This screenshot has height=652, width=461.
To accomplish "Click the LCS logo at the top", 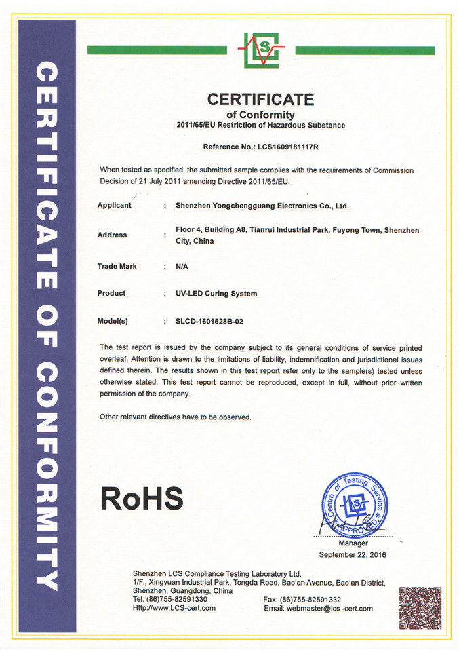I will [261, 50].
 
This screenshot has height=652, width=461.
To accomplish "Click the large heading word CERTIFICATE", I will [261, 100].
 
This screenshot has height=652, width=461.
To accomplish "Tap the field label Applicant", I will [114, 205].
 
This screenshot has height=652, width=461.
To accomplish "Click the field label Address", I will [112, 235].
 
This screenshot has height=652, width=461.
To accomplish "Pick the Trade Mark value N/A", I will [182, 267].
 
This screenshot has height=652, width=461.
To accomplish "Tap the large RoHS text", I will [142, 499].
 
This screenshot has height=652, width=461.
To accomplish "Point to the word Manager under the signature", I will [353, 543].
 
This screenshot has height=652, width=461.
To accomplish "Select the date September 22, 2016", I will [353, 555].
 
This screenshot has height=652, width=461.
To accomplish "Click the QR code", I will [420, 607].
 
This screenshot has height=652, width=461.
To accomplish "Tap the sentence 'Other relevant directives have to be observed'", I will [176, 417].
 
